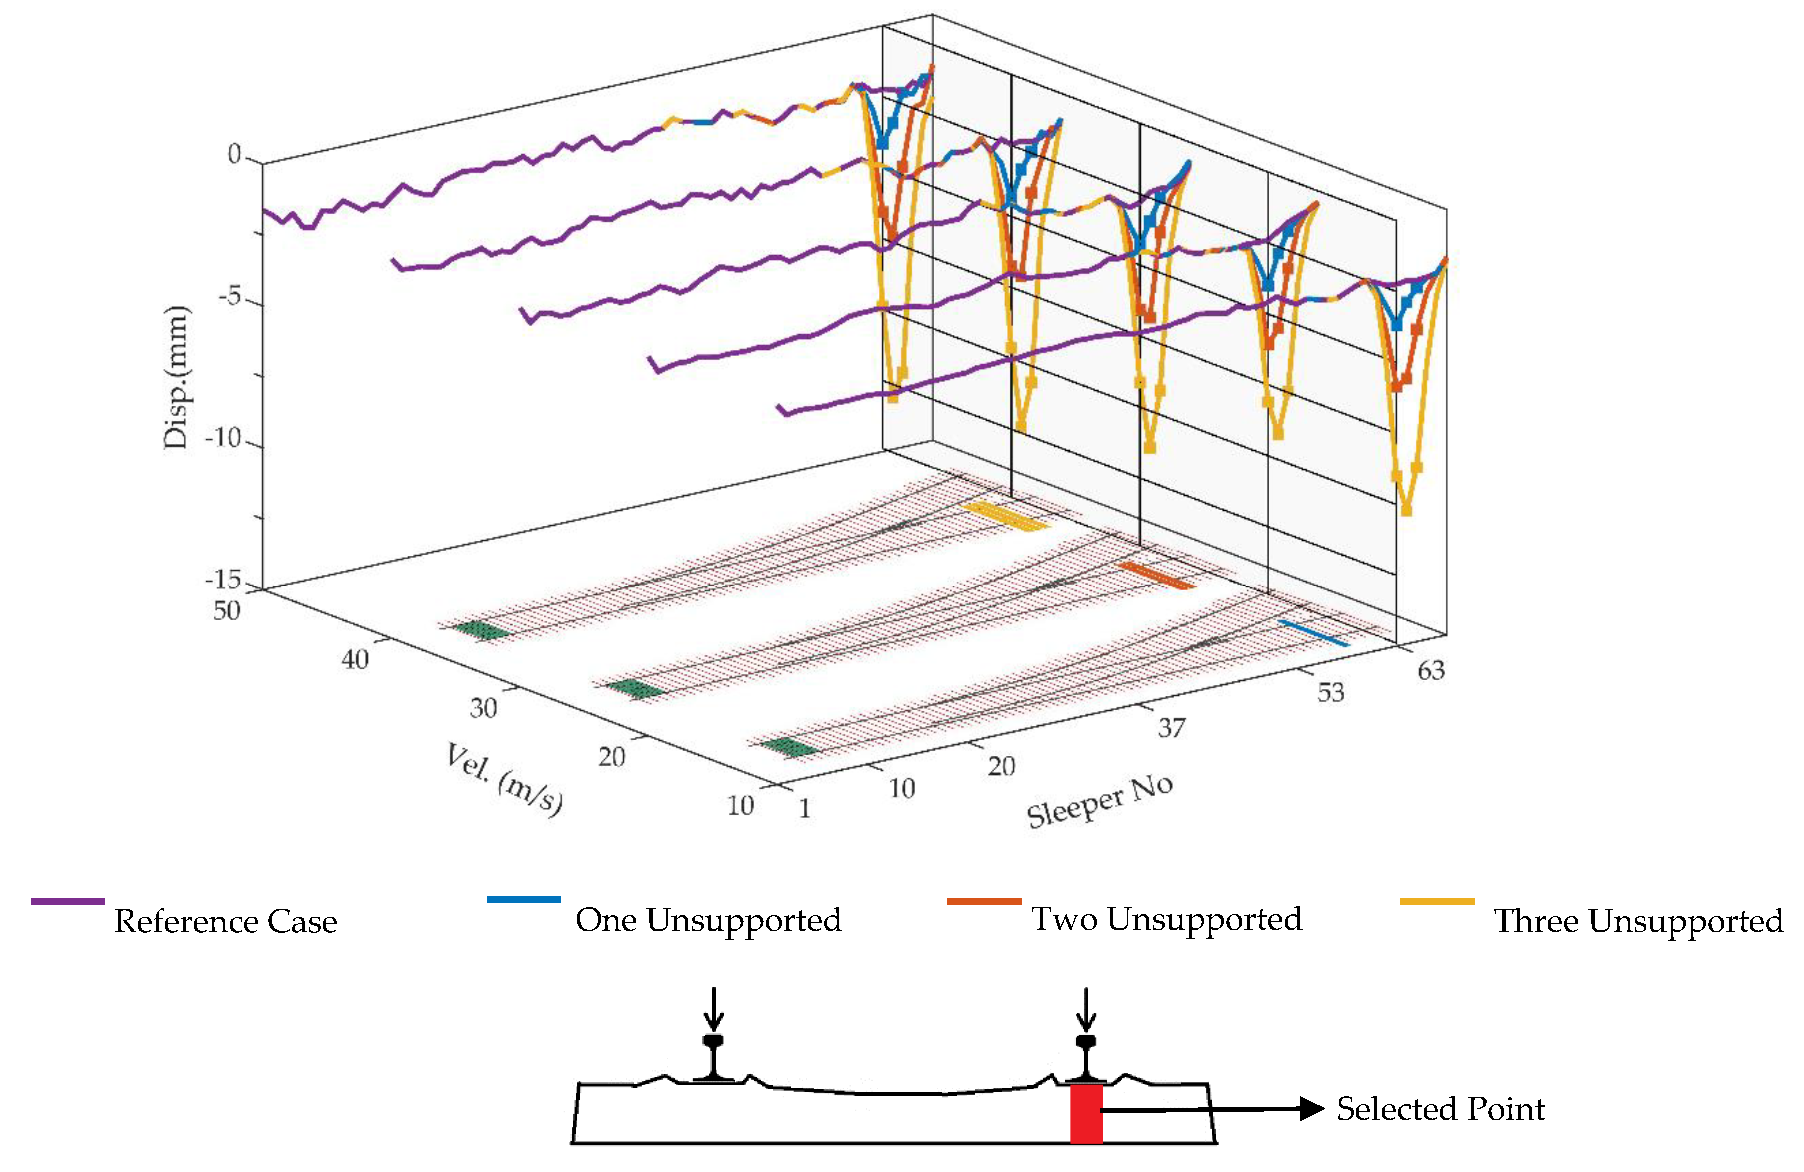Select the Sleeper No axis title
click(x=1100, y=801)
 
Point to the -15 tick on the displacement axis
click(x=224, y=580)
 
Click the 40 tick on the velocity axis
click(x=355, y=659)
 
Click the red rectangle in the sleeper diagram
click(x=1086, y=1112)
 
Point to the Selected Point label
click(x=1440, y=1109)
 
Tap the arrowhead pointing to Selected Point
click(x=1311, y=1109)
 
